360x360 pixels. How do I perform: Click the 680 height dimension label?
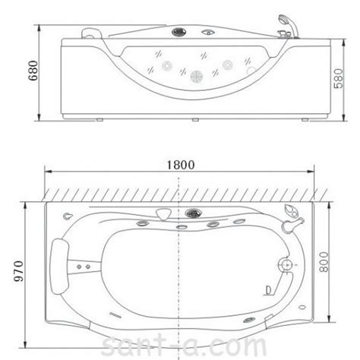[x=33, y=71]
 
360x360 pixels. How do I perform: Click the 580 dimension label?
[x=339, y=78]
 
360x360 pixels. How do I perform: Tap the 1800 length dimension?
[x=181, y=165]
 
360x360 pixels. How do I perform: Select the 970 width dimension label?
[x=18, y=271]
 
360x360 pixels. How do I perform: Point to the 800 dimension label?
[x=324, y=262]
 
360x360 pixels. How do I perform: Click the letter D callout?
[x=268, y=290]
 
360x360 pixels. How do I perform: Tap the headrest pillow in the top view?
[x=60, y=267]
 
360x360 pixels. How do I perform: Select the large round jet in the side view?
[x=197, y=76]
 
